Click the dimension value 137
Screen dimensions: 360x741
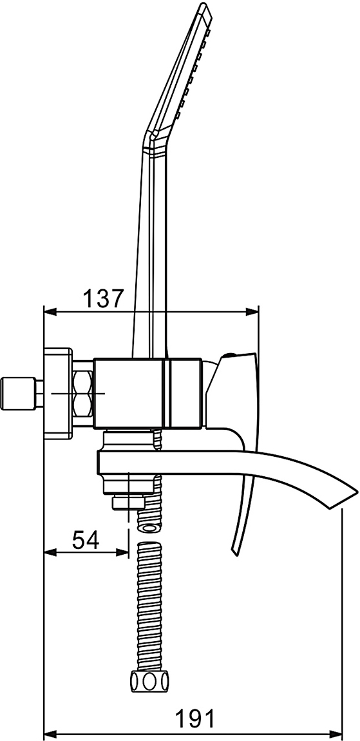pos(103,299)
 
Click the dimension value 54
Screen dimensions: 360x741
pos(86,540)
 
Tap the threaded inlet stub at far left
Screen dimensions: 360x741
pos(19,393)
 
